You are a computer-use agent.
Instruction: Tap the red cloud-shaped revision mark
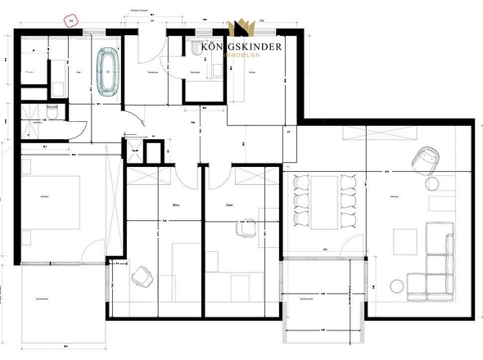coord(71,22)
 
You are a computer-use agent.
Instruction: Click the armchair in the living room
coord(426,160)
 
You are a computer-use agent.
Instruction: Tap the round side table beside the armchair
coord(434,182)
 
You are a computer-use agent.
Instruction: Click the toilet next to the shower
coord(52,109)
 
